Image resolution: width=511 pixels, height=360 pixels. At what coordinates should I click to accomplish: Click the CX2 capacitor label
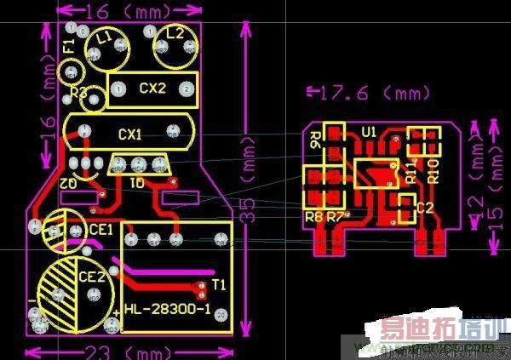click(x=152, y=88)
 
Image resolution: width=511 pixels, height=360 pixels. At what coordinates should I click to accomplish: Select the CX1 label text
click(x=130, y=134)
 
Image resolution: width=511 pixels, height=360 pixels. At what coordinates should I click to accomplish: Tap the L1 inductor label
click(x=105, y=37)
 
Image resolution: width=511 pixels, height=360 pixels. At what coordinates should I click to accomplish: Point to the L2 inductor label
click(x=175, y=33)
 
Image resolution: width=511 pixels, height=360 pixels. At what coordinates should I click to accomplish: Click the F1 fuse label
click(x=69, y=44)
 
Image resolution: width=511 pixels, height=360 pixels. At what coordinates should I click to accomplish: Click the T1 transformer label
click(x=218, y=283)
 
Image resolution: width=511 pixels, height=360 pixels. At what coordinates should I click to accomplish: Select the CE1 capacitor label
click(x=101, y=230)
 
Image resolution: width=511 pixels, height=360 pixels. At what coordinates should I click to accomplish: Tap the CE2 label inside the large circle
click(x=91, y=277)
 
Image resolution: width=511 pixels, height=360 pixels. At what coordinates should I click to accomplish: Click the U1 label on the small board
click(x=369, y=132)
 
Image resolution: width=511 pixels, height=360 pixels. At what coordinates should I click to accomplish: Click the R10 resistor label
click(x=432, y=170)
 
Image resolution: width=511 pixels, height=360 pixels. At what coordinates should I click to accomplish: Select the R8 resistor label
click(x=313, y=216)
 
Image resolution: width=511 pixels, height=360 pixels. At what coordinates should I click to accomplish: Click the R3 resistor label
click(x=78, y=91)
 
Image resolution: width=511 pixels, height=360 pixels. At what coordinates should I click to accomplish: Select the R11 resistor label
click(x=411, y=170)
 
